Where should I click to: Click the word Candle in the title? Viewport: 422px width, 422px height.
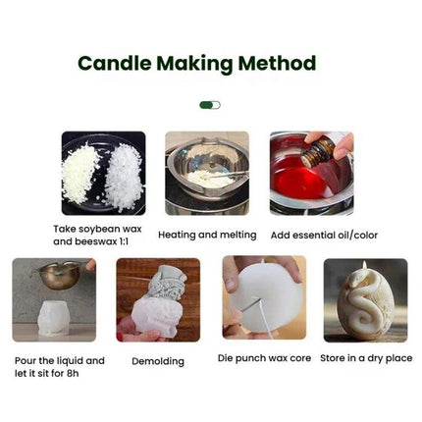(x=111, y=65)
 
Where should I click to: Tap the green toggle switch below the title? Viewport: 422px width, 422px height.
(x=210, y=104)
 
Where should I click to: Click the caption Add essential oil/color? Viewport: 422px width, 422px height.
(x=323, y=235)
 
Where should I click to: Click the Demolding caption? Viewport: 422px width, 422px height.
(x=158, y=361)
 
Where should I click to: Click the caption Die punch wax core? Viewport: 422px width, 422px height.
(x=264, y=358)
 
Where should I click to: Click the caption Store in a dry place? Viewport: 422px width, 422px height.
(x=366, y=358)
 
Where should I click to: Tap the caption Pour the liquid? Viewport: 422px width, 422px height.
(x=56, y=360)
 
